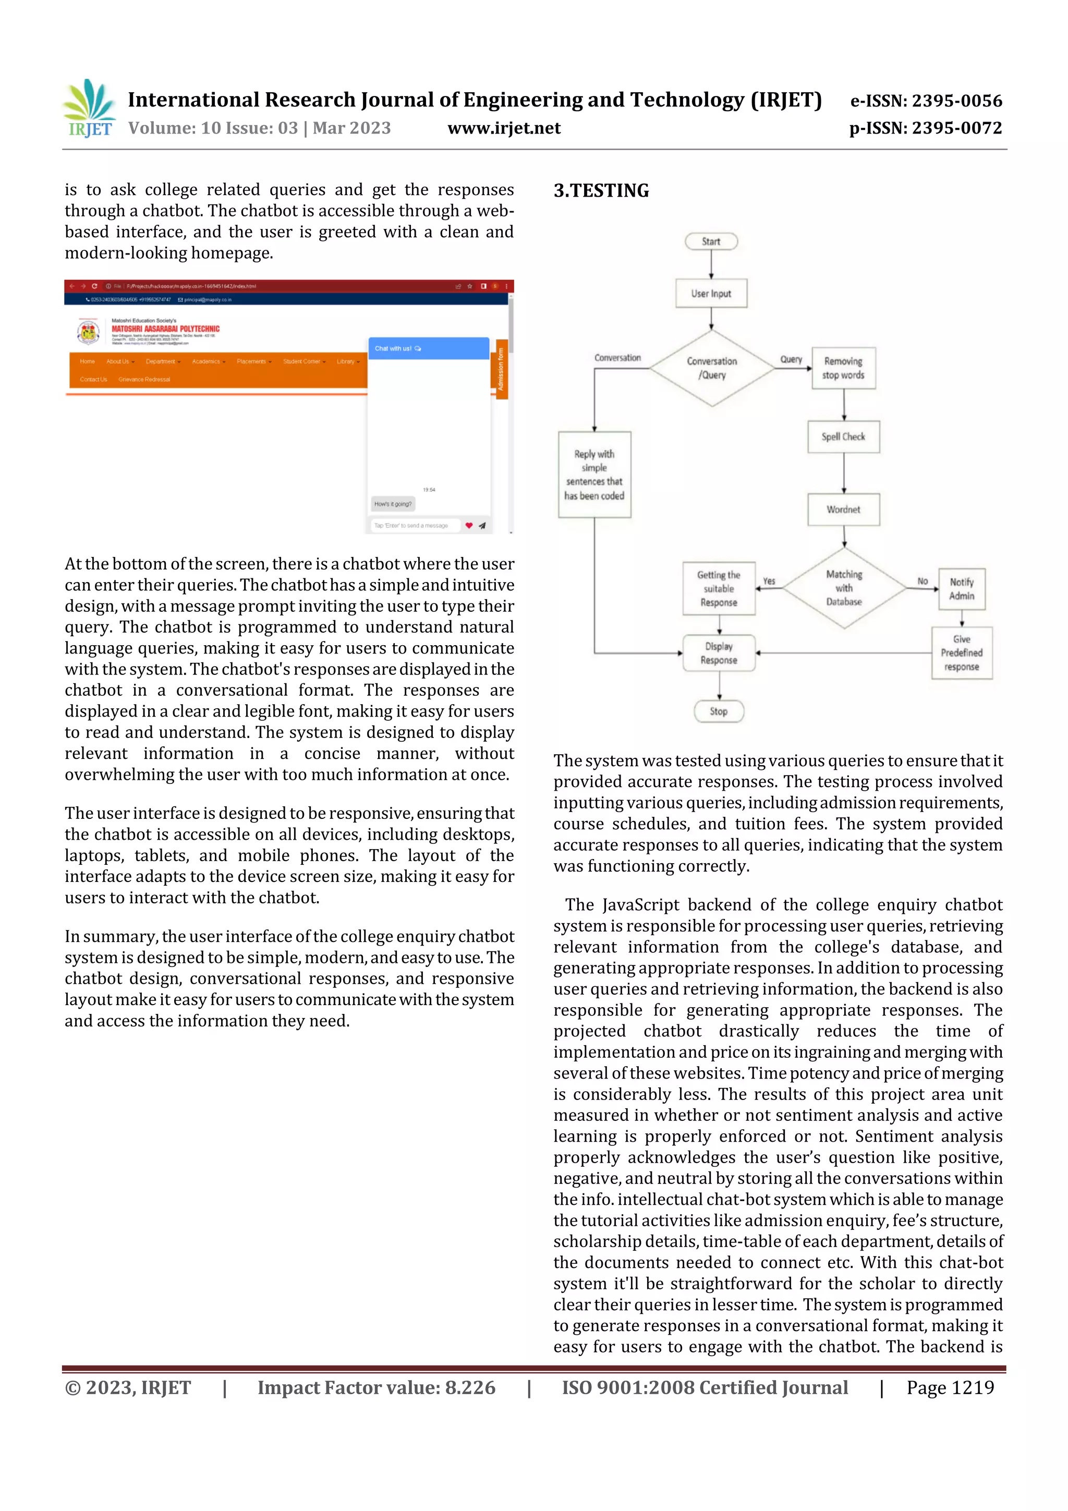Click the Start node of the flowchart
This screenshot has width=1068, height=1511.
pyautogui.click(x=711, y=241)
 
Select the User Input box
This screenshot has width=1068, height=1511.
pyautogui.click(x=711, y=294)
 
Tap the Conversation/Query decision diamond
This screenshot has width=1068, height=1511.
pyautogui.click(x=712, y=368)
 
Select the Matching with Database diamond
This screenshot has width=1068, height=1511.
pyautogui.click(x=844, y=588)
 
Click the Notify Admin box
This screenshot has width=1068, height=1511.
pyautogui.click(x=962, y=589)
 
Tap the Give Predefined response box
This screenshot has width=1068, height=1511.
pyautogui.click(x=962, y=653)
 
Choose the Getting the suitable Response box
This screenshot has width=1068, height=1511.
pyautogui.click(x=719, y=589)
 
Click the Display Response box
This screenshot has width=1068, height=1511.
pyautogui.click(x=719, y=654)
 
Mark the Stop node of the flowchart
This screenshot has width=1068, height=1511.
pyautogui.click(x=719, y=711)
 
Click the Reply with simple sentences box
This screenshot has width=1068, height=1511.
pyautogui.click(x=594, y=475)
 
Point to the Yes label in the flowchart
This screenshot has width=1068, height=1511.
pyautogui.click(x=769, y=581)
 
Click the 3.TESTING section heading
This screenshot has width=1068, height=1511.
pyautogui.click(x=601, y=191)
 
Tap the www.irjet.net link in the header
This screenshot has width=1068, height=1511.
pyautogui.click(x=504, y=128)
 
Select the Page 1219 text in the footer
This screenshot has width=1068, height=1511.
pyautogui.click(x=950, y=1388)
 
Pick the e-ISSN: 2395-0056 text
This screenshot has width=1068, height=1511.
pyautogui.click(x=926, y=101)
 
